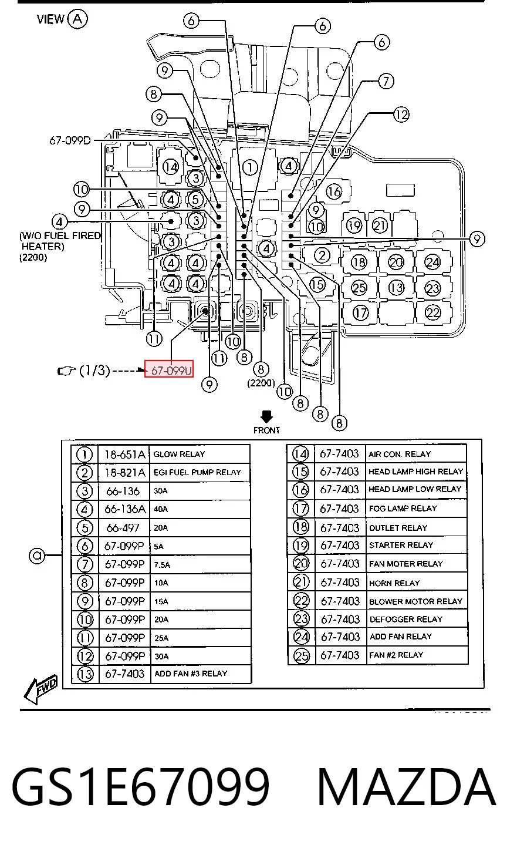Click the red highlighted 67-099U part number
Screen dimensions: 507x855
pyautogui.click(x=169, y=369)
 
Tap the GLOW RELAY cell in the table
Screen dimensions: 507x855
pyautogui.click(x=180, y=454)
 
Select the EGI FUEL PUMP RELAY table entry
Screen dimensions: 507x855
pyautogui.click(x=197, y=472)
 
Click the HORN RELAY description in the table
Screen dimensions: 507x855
pyautogui.click(x=394, y=583)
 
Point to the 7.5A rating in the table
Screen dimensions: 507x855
pyautogui.click(x=162, y=564)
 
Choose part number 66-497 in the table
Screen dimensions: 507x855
pyautogui.click(x=123, y=527)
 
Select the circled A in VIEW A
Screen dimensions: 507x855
pyautogui.click(x=77, y=19)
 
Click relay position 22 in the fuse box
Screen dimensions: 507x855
pyautogui.click(x=433, y=313)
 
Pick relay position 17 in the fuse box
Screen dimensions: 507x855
pyautogui.click(x=360, y=313)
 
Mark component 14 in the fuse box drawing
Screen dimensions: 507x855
pyautogui.click(x=171, y=167)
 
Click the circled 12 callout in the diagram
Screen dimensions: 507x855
pyautogui.click(x=401, y=115)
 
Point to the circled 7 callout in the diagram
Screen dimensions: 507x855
pyautogui.click(x=386, y=81)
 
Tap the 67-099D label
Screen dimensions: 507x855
pyautogui.click(x=70, y=140)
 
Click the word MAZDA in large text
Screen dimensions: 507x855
pyautogui.click(x=407, y=787)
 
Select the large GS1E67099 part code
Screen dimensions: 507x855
pyautogui.click(x=140, y=787)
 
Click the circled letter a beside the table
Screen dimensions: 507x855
pyautogui.click(x=37, y=555)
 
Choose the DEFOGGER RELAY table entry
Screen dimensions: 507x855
pyautogui.click(x=406, y=619)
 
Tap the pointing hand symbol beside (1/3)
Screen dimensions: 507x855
pyautogui.click(x=67, y=370)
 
